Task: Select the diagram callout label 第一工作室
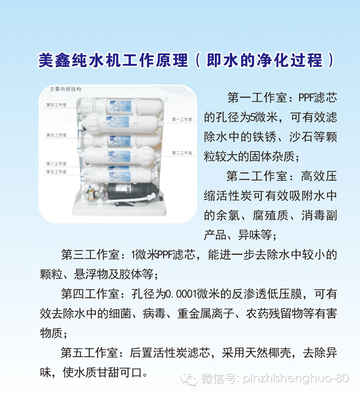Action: [182, 119]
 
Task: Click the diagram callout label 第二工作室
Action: [182, 153]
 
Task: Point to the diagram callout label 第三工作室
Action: [57, 163]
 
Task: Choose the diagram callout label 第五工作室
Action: [57, 171]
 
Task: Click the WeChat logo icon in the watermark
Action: [189, 379]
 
